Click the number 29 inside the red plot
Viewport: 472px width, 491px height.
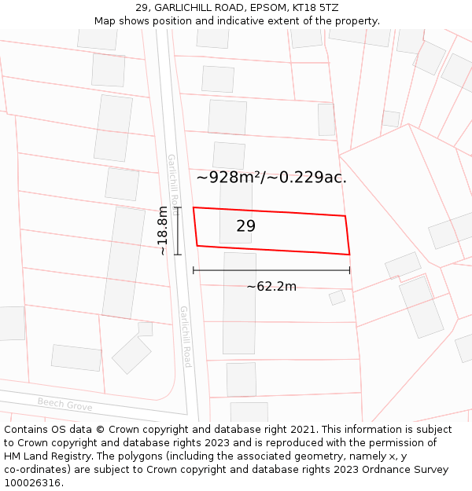(x=245, y=226)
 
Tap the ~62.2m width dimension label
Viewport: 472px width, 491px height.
(x=271, y=287)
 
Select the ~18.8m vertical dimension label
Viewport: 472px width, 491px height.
(x=162, y=230)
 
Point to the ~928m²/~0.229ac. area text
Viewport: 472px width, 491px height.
(x=271, y=178)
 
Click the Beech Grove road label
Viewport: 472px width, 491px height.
(x=65, y=405)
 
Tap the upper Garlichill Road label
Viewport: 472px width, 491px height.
(x=172, y=178)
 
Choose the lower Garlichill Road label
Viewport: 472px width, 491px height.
(x=186, y=336)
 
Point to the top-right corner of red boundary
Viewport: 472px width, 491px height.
(x=345, y=215)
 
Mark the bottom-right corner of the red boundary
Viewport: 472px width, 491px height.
(x=349, y=255)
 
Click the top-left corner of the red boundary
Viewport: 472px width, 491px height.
(x=194, y=207)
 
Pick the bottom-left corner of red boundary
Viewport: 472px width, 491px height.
(x=197, y=246)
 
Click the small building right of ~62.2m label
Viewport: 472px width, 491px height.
(x=337, y=298)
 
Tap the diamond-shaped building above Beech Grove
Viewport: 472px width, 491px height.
(x=131, y=354)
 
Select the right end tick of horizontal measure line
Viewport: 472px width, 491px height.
(x=349, y=270)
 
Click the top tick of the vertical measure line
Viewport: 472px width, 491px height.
(x=178, y=207)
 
